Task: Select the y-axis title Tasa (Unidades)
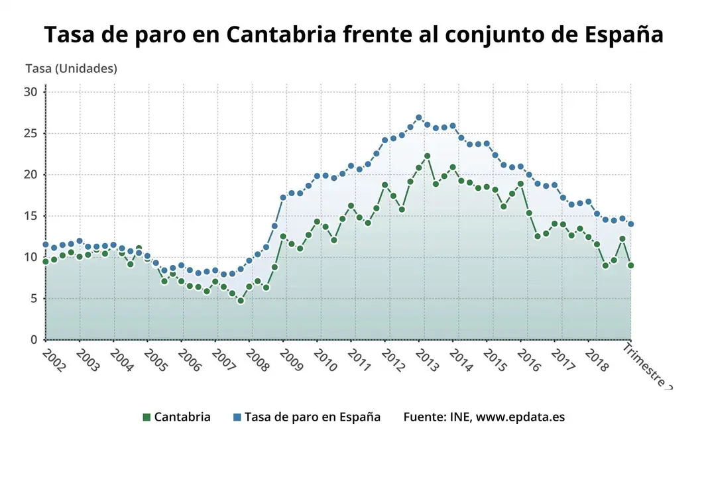pyautogui.click(x=71, y=68)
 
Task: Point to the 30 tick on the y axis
pyautogui.click(x=30, y=92)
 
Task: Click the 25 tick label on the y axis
pyautogui.click(x=30, y=134)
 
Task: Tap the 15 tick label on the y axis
pyautogui.click(x=30, y=216)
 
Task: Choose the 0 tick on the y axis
pyautogui.click(x=34, y=340)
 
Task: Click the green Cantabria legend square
pyautogui.click(x=147, y=417)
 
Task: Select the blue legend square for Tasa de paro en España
pyautogui.click(x=237, y=417)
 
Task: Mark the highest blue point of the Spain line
pyautogui.click(x=418, y=118)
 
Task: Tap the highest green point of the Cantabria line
pyautogui.click(x=427, y=156)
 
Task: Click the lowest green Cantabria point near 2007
pyautogui.click(x=241, y=301)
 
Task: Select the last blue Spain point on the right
pyautogui.click(x=630, y=224)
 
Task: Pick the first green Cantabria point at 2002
pyautogui.click(x=46, y=262)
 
